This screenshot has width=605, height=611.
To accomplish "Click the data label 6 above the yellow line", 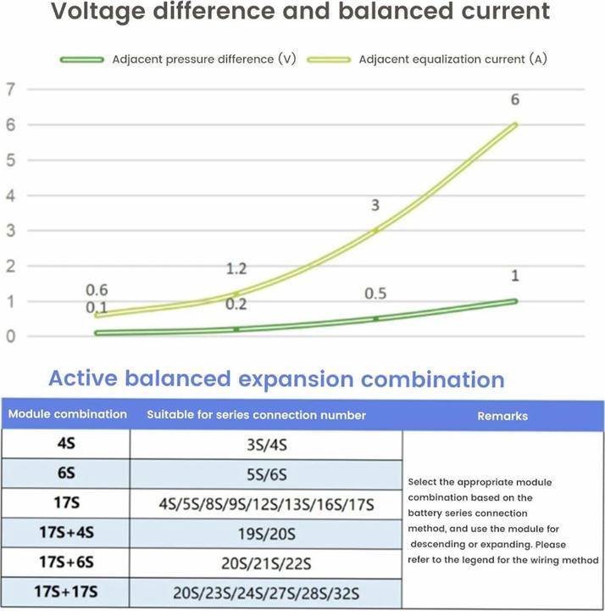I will tap(514, 100).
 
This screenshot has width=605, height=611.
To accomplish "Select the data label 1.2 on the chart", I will tap(236, 269).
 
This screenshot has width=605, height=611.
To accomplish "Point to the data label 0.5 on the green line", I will tap(375, 294).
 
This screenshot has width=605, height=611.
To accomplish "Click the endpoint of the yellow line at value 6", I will tap(515, 125).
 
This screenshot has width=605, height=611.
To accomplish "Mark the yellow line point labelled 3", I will tap(375, 230).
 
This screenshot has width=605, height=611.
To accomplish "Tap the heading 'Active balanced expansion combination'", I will tap(276, 378).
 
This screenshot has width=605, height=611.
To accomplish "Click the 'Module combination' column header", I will tap(67, 415).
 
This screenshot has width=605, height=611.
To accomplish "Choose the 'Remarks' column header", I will tap(502, 416).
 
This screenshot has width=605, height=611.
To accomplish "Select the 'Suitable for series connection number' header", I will tap(257, 415).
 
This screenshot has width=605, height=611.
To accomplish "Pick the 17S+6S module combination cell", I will tap(66, 562).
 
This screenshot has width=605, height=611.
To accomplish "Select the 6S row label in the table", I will tap(66, 473).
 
